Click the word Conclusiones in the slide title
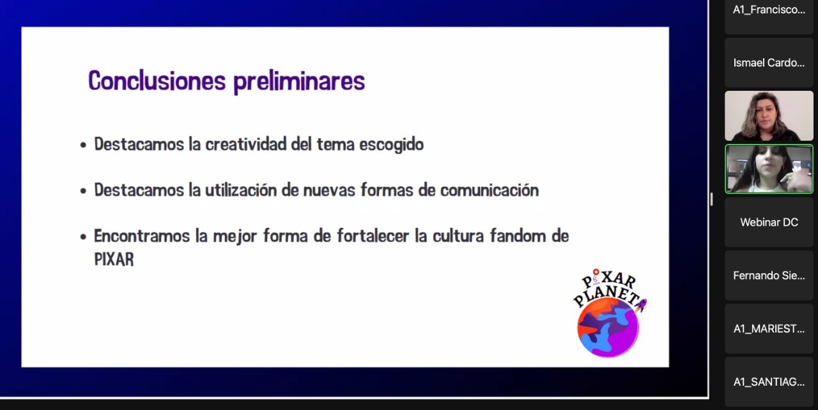point(157,81)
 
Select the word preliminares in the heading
point(299,81)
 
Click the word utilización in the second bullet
point(241,190)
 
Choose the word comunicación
point(490,190)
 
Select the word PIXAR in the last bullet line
point(114,259)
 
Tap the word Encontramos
point(142,235)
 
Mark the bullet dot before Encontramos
point(83,237)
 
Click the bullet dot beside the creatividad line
point(83,145)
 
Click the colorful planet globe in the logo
point(608,327)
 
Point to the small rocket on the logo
point(640,304)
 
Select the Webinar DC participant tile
point(769,222)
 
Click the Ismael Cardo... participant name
point(769,63)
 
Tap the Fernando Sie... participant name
point(769,276)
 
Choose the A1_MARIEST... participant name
point(769,329)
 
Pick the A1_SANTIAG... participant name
point(769,382)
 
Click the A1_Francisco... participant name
point(769,10)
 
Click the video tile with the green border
point(769,169)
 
